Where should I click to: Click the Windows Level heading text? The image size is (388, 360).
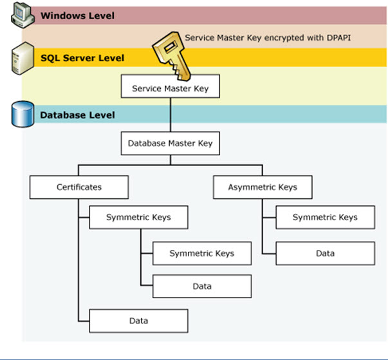point(77,15)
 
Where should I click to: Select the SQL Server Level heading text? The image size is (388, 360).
point(82,58)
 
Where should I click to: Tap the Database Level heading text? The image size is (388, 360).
point(78,115)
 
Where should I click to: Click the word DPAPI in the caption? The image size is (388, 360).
point(335,38)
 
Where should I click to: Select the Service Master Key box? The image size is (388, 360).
point(171,88)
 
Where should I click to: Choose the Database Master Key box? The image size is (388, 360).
point(171,143)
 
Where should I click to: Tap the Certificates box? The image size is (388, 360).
point(79,187)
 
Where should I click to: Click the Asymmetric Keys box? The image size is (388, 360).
point(263,187)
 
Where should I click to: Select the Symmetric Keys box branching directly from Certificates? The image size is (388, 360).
point(138,218)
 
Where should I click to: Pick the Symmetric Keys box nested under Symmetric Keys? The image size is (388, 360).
point(201,254)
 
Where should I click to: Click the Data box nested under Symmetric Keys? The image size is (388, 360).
point(201,286)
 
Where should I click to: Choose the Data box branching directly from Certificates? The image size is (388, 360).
point(138,320)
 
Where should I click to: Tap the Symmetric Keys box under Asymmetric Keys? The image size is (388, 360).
point(325,218)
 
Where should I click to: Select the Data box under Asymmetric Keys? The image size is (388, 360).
point(325,253)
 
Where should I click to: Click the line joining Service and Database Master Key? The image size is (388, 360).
point(171,116)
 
